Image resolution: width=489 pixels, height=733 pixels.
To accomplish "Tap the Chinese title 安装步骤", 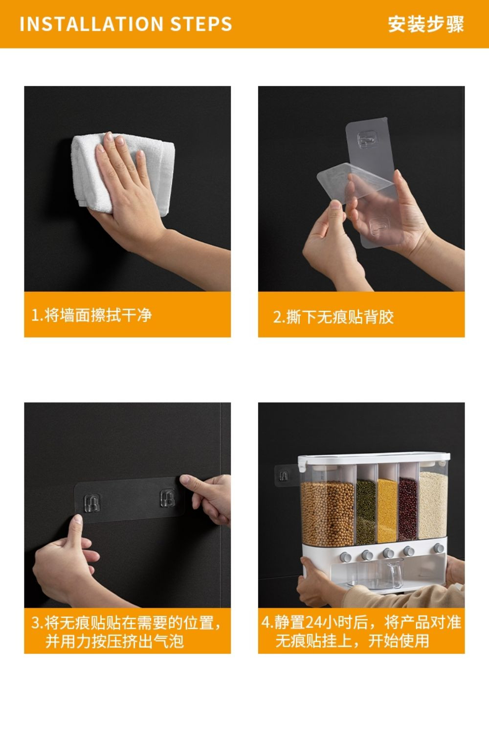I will [425, 24].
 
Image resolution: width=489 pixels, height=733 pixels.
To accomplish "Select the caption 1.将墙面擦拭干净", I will [91, 315].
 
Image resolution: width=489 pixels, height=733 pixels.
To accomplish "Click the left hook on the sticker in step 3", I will [91, 502].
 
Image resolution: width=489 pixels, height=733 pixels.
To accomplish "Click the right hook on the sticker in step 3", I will [167, 499].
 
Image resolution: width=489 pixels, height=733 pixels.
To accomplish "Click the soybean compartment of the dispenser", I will [327, 511].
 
